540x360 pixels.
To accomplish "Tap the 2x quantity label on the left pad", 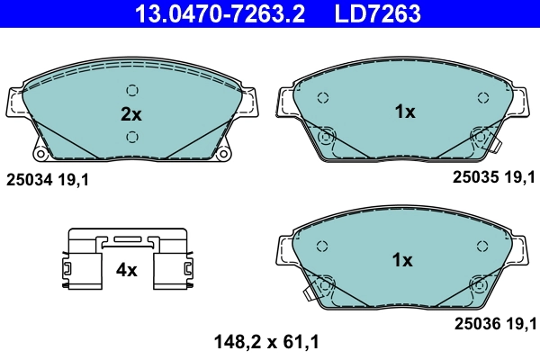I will (132, 114).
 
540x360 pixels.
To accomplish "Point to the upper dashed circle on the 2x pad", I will (132, 90).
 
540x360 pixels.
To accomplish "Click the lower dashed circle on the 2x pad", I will (132, 137).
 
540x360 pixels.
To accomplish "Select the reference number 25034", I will (30, 179).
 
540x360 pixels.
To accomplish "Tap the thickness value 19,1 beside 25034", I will (74, 179).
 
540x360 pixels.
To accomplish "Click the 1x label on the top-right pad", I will (404, 112).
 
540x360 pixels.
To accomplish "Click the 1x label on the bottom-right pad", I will (401, 261).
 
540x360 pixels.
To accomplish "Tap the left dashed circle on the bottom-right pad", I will (322, 246).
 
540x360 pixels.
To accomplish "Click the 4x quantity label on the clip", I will (126, 269).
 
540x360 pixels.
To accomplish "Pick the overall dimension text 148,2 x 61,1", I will (267, 342).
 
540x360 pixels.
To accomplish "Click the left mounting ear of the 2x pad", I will (15, 101).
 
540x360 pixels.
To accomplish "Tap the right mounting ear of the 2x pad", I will (249, 101).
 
